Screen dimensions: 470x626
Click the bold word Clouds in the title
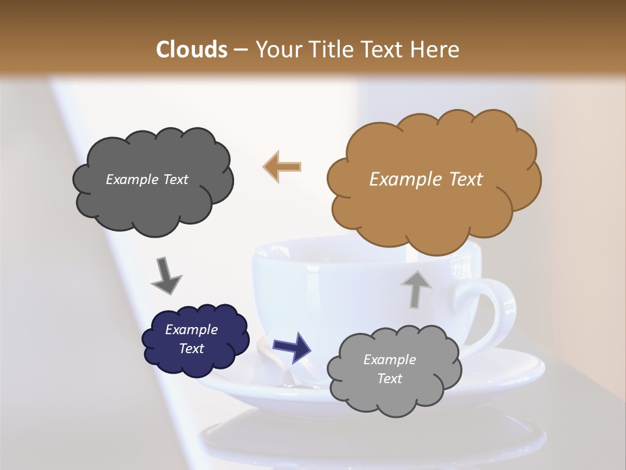click(x=191, y=50)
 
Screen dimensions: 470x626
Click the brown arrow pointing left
click(x=282, y=166)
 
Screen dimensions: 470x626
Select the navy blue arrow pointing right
click(x=291, y=346)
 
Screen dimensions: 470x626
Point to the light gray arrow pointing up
click(x=415, y=289)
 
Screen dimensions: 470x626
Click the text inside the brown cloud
click(x=426, y=180)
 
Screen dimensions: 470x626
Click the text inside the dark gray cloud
click(x=147, y=180)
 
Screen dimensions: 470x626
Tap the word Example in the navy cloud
click(x=191, y=330)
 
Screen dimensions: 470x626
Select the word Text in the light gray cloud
click(x=389, y=379)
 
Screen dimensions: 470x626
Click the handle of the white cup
click(x=499, y=307)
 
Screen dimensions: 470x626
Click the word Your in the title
click(x=274, y=50)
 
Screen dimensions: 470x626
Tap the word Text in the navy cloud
click(x=191, y=349)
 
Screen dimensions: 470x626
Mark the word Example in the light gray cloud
click(x=389, y=360)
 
